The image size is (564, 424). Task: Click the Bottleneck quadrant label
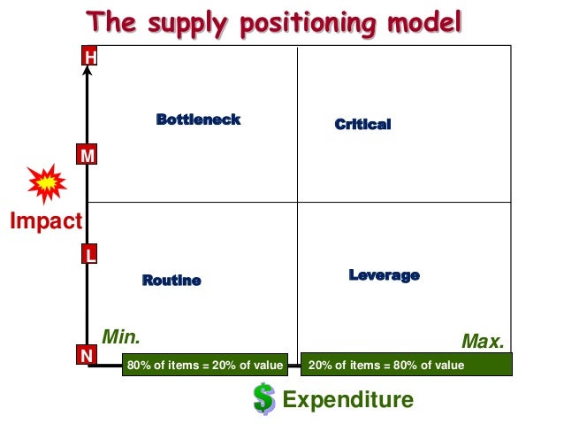coord(198,119)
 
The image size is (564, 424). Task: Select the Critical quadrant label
coord(362,125)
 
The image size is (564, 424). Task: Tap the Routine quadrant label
coord(171,281)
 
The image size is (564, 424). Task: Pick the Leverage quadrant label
coord(384,275)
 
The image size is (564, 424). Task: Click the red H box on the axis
coord(88,58)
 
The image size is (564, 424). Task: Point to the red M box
coord(88,156)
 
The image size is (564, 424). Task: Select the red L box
coord(88,255)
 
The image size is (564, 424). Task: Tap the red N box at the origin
coord(87,356)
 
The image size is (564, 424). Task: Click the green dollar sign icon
coord(263,398)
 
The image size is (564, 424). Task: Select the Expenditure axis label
coord(347,400)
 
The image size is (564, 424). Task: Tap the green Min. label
coord(121,336)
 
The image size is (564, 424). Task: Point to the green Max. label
coord(483,341)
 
